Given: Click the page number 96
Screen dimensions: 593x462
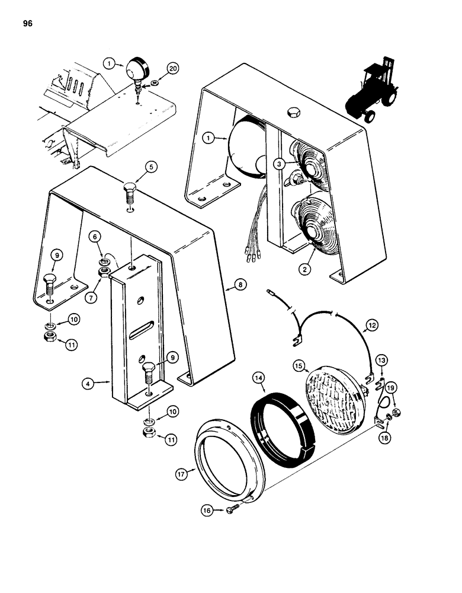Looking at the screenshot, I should click(x=27, y=24).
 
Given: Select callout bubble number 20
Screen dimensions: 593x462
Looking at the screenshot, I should click(x=156, y=69).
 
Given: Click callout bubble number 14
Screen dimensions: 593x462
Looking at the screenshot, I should click(x=258, y=378).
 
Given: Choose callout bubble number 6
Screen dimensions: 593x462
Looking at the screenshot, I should click(x=94, y=235).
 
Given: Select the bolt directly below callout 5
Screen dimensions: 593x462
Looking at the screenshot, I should click(x=130, y=193).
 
